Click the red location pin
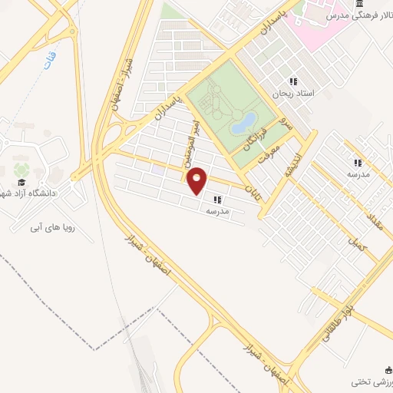197,180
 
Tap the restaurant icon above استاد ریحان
292,82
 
